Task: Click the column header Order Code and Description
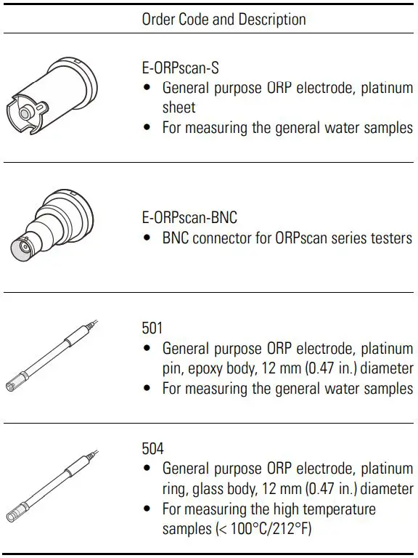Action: click(x=224, y=19)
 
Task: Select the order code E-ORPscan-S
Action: click(x=180, y=68)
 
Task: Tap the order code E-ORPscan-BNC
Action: click(x=189, y=217)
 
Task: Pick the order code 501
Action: click(x=152, y=328)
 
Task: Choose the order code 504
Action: click(x=153, y=449)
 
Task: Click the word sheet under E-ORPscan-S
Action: click(x=179, y=108)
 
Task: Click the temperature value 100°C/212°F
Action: click(x=268, y=529)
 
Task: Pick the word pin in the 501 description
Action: click(x=172, y=368)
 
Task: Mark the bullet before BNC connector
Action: click(x=148, y=238)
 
